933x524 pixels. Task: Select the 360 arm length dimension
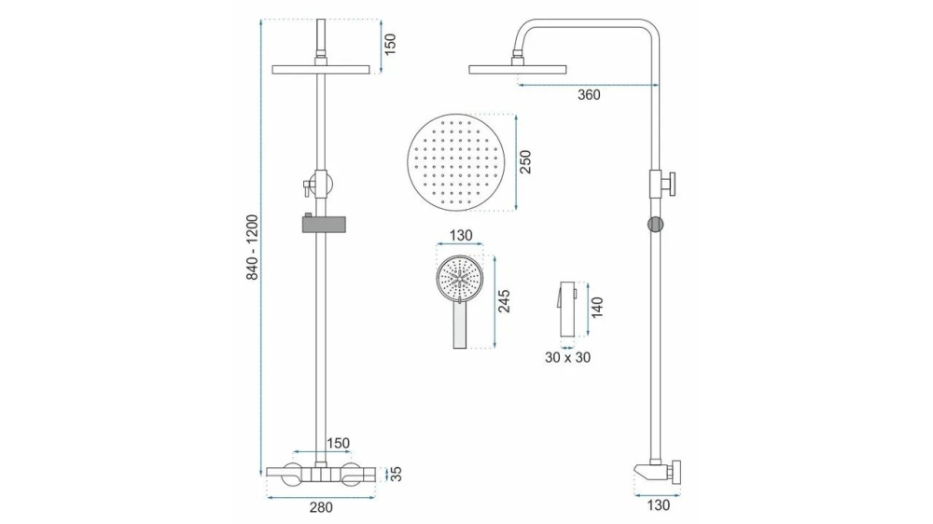pos(589,94)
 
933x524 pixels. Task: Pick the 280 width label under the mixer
pos(320,507)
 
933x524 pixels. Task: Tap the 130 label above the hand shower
pos(461,236)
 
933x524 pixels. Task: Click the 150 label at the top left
pos(390,43)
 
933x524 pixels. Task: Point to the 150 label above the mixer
pos(337,443)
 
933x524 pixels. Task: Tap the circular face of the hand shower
pos(459,276)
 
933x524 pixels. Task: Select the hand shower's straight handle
pos(459,326)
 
